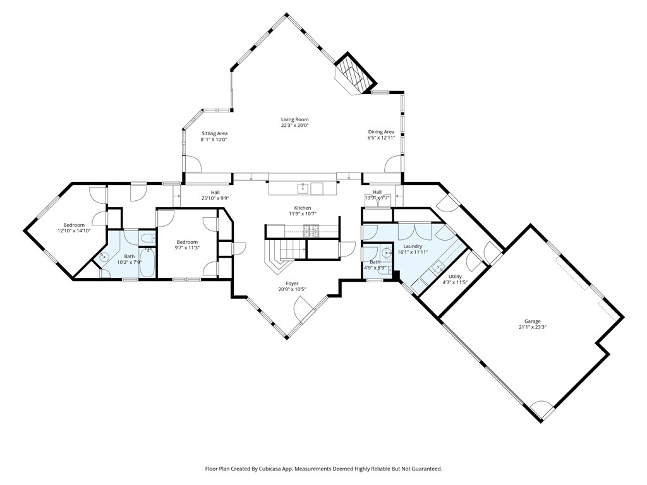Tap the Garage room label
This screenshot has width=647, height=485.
pyautogui.click(x=532, y=321)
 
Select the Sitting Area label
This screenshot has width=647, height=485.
pyautogui.click(x=214, y=134)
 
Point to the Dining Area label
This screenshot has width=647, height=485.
pyautogui.click(x=381, y=132)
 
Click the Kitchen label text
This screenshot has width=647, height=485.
pyautogui.click(x=303, y=208)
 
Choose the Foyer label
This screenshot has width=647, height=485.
pyautogui.click(x=292, y=284)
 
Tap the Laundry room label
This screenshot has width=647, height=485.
pyautogui.click(x=413, y=246)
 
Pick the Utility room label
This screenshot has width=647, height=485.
pyautogui.click(x=455, y=277)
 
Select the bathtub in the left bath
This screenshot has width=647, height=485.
pyautogui.click(x=147, y=262)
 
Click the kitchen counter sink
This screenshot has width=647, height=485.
pyautogui.click(x=303, y=188)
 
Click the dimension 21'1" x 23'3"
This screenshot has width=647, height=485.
pyautogui.click(x=532, y=327)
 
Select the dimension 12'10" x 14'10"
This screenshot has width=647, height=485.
pyautogui.click(x=74, y=231)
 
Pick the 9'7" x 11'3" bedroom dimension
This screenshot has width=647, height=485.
pyautogui.click(x=187, y=248)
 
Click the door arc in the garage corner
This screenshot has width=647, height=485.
pyautogui.click(x=541, y=409)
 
